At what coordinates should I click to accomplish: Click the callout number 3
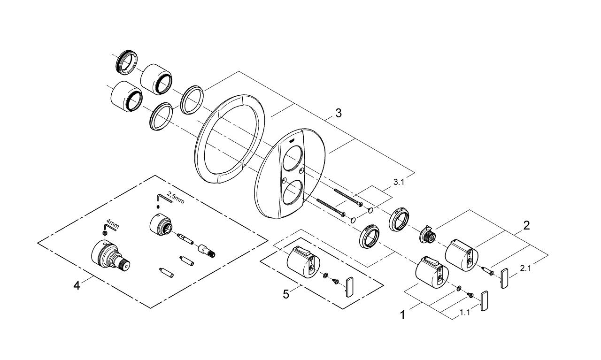(338, 113)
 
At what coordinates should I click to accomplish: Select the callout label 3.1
(398, 182)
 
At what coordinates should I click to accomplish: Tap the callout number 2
(526, 225)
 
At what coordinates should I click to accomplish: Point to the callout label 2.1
(526, 268)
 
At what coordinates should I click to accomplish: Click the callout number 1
(402, 315)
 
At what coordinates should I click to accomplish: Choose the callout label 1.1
(464, 312)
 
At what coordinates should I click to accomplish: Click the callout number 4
(77, 284)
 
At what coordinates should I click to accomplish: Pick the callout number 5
(285, 294)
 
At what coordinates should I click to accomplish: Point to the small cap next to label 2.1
(504, 278)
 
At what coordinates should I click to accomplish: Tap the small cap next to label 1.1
(485, 300)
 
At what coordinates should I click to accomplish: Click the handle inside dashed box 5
(302, 261)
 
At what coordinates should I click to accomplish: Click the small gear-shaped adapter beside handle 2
(426, 233)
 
